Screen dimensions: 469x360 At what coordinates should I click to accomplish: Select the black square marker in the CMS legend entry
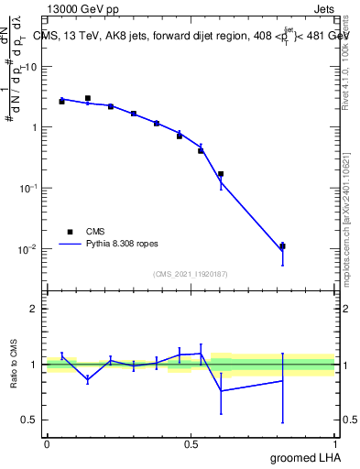point(70,232)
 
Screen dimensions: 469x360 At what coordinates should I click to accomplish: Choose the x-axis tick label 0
point(47,443)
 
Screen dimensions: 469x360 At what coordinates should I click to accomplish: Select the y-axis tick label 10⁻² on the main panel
point(28,248)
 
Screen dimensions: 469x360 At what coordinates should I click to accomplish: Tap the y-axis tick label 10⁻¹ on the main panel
point(28,188)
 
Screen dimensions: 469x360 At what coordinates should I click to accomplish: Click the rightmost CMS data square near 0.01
point(283,246)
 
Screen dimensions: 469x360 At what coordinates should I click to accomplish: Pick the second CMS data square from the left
point(88,98)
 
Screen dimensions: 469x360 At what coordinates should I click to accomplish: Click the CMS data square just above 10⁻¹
point(221,173)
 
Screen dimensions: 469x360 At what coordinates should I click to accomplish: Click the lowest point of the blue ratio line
point(221,391)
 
